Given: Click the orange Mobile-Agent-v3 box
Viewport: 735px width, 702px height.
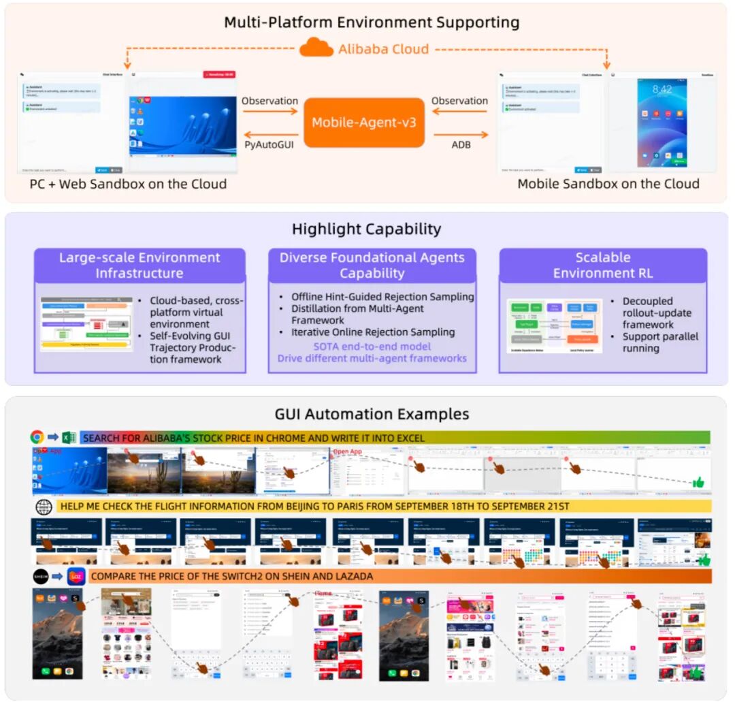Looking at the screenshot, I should (x=364, y=123).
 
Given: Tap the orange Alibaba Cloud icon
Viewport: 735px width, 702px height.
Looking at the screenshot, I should (x=316, y=48).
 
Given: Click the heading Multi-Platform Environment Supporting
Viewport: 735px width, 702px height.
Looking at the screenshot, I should (x=372, y=22).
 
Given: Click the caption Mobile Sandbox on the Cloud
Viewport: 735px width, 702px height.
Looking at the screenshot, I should (x=608, y=184).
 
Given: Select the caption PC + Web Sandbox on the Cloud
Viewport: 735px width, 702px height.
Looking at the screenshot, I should (x=128, y=184).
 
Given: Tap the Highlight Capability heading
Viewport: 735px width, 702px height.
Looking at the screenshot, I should (x=366, y=229).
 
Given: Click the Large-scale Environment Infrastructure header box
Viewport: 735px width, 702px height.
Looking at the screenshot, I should (x=140, y=266).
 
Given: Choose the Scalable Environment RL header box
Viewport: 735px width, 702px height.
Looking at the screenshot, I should (x=603, y=266).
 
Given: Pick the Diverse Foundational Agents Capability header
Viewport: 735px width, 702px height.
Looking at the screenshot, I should (x=372, y=266).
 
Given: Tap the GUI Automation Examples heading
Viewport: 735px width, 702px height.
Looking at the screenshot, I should (x=372, y=414).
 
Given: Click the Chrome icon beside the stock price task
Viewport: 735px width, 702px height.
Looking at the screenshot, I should (x=38, y=438).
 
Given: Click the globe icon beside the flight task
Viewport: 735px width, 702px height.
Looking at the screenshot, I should (x=44, y=507).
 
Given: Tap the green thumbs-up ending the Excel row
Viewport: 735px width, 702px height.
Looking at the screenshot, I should (x=697, y=482).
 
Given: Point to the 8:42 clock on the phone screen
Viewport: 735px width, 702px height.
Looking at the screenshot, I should (x=661, y=89).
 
